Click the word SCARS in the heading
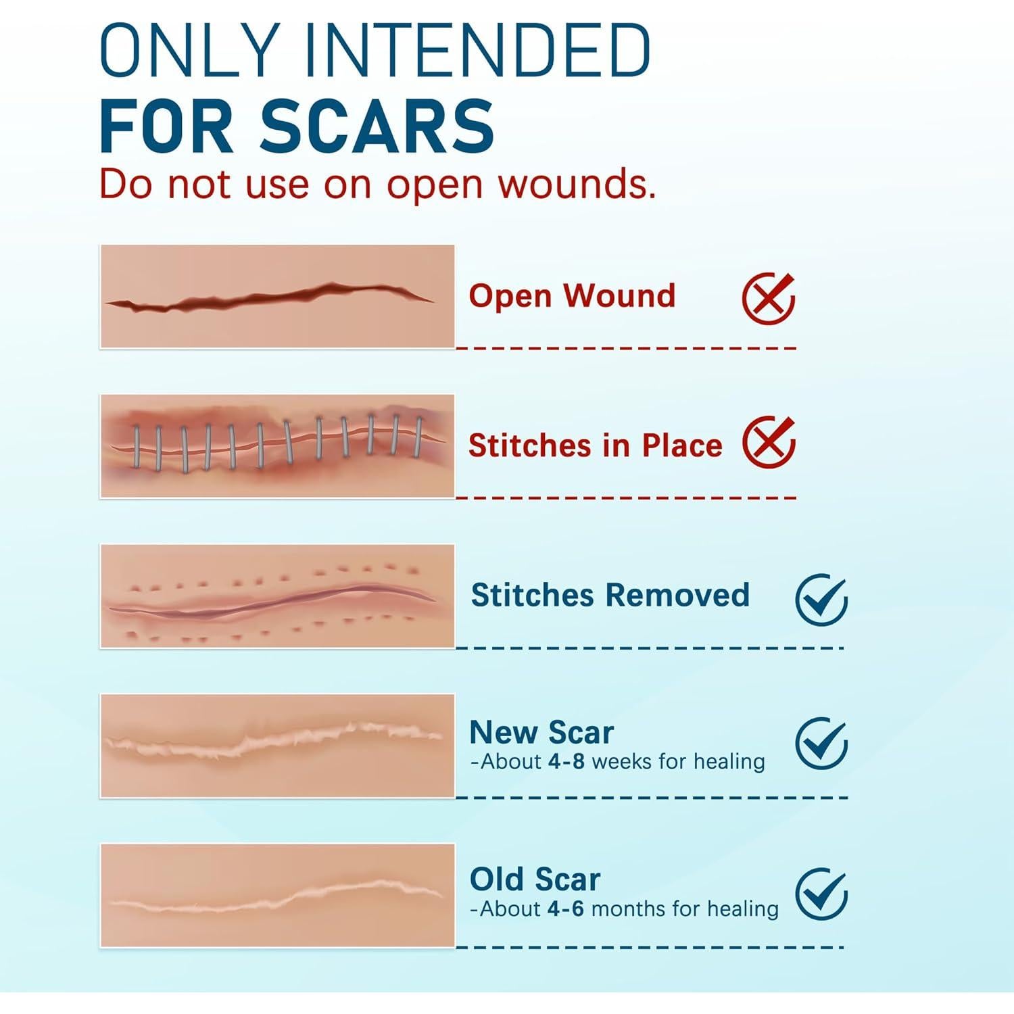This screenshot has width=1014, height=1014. click(x=377, y=126)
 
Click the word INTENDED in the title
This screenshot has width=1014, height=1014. click(x=477, y=51)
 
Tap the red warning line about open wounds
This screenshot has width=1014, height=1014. click(x=378, y=183)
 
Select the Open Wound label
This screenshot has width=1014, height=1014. click(x=572, y=295)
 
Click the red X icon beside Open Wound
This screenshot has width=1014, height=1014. click(x=769, y=299)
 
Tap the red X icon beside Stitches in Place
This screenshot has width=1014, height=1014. click(x=769, y=442)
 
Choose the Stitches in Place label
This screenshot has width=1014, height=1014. click(x=596, y=445)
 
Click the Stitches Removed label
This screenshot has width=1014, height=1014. click(x=610, y=595)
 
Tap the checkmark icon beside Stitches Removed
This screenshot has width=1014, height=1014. click(x=821, y=599)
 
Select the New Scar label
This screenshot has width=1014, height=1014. click(x=541, y=732)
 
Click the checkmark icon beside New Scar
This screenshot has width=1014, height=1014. click(x=821, y=743)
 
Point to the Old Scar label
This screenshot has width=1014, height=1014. click(x=535, y=879)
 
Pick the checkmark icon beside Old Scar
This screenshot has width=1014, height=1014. click(x=821, y=894)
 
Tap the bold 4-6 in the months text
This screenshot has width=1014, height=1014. click(x=566, y=909)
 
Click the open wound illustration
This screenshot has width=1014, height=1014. click(x=277, y=297)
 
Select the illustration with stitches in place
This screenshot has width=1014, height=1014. click(x=277, y=446)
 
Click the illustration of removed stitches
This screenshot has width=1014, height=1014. click(x=277, y=596)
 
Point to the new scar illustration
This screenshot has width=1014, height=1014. click(x=277, y=746)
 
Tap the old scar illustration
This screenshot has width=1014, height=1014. click(x=277, y=896)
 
